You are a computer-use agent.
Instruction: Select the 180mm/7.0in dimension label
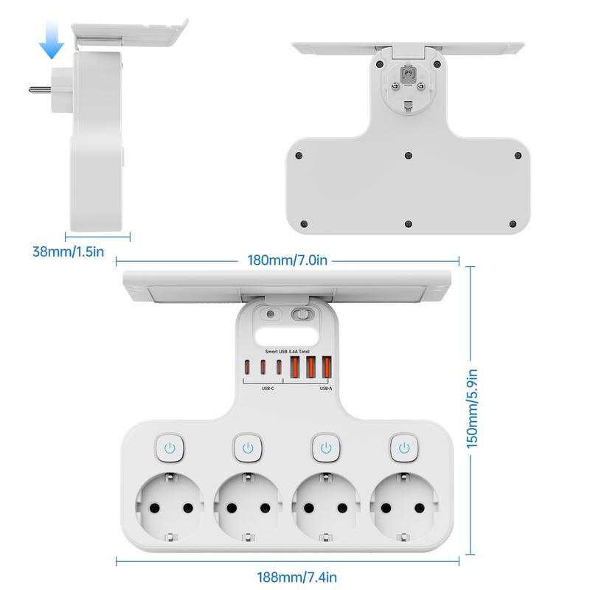[288, 260]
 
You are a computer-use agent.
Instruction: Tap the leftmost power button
[170, 448]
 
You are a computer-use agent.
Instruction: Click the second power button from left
[248, 448]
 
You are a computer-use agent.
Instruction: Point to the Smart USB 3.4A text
[288, 353]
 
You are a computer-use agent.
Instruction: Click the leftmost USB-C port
[248, 368]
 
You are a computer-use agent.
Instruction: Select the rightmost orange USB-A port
[326, 367]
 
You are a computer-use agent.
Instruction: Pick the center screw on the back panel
[409, 156]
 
